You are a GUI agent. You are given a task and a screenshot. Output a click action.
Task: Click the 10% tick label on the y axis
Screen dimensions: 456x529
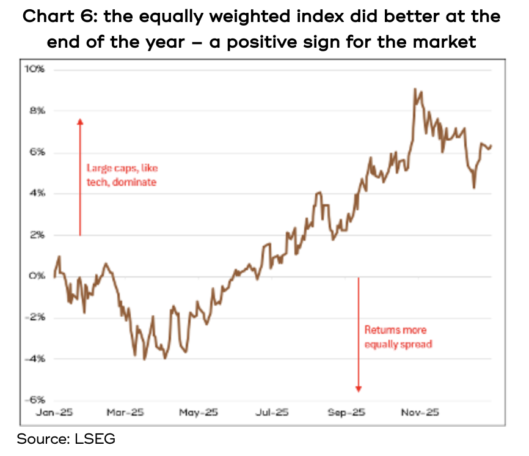[x=35, y=70]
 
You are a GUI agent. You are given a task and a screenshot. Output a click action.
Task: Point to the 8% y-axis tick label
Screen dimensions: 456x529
[x=37, y=111]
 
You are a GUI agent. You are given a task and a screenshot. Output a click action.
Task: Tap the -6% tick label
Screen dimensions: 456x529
[x=35, y=400]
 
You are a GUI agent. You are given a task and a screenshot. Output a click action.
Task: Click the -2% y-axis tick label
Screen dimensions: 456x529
[x=35, y=318]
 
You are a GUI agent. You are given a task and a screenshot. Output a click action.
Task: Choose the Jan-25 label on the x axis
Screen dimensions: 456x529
[x=56, y=413]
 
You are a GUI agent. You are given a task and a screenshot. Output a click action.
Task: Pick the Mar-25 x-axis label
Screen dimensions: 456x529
[x=125, y=413]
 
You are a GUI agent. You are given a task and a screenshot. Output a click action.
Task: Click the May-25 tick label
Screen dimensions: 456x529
[x=198, y=413]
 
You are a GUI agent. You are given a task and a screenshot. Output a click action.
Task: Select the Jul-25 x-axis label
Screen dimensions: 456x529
[x=271, y=413]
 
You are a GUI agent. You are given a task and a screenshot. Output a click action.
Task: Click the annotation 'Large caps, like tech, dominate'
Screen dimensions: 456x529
[x=121, y=174]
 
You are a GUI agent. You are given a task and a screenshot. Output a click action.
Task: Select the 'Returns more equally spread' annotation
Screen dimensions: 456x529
[x=398, y=337]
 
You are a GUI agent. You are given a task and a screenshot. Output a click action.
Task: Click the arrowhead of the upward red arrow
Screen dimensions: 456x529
[x=79, y=121]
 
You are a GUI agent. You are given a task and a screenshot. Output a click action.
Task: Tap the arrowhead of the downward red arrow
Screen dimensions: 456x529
[x=359, y=389]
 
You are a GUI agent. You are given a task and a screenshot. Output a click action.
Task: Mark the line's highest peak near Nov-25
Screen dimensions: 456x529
[x=415, y=89]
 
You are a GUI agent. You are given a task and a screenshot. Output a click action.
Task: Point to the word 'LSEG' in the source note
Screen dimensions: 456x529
[x=95, y=438]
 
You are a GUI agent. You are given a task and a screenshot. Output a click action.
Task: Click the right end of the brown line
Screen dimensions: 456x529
[x=492, y=145]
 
